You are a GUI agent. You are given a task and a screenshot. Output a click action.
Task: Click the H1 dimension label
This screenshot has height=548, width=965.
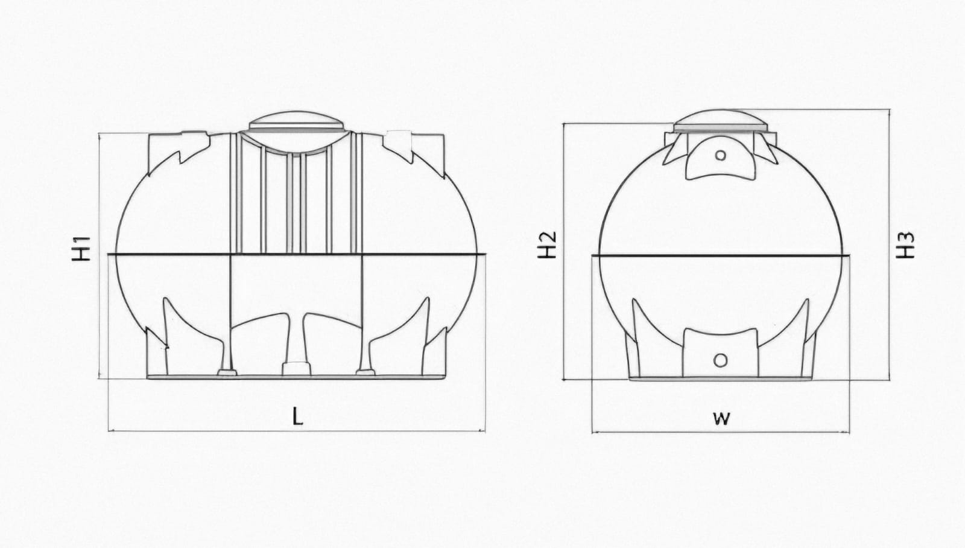[81, 249]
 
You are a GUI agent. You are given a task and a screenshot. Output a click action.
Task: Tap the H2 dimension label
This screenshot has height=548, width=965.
[547, 245]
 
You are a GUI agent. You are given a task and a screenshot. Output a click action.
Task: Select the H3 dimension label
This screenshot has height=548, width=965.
[905, 245]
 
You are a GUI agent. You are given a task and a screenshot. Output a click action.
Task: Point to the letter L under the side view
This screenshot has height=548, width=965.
[298, 416]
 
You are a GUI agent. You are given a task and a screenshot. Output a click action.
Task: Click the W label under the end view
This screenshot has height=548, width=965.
[721, 418]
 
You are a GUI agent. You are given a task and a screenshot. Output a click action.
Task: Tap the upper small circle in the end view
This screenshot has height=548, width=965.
[720, 155]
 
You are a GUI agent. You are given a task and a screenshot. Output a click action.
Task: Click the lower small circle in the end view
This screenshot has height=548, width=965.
[720, 360]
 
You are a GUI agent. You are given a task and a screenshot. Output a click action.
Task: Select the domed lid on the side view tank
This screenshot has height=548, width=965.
[296, 121]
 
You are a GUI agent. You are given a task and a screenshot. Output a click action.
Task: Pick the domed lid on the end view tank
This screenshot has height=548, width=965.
[720, 121]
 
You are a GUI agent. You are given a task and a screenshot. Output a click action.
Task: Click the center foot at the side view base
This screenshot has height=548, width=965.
[296, 369]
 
